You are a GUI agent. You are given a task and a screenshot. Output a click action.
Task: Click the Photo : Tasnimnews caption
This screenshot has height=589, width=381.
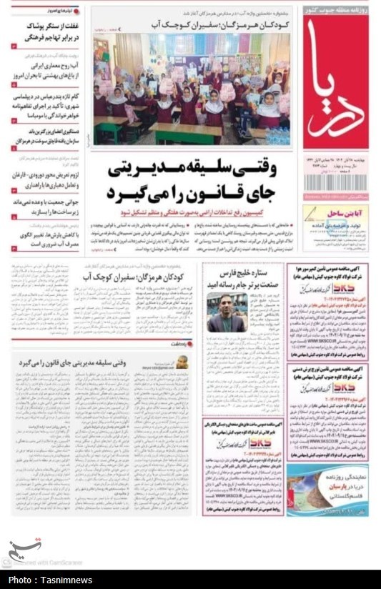pyautogui.click(x=51, y=580)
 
